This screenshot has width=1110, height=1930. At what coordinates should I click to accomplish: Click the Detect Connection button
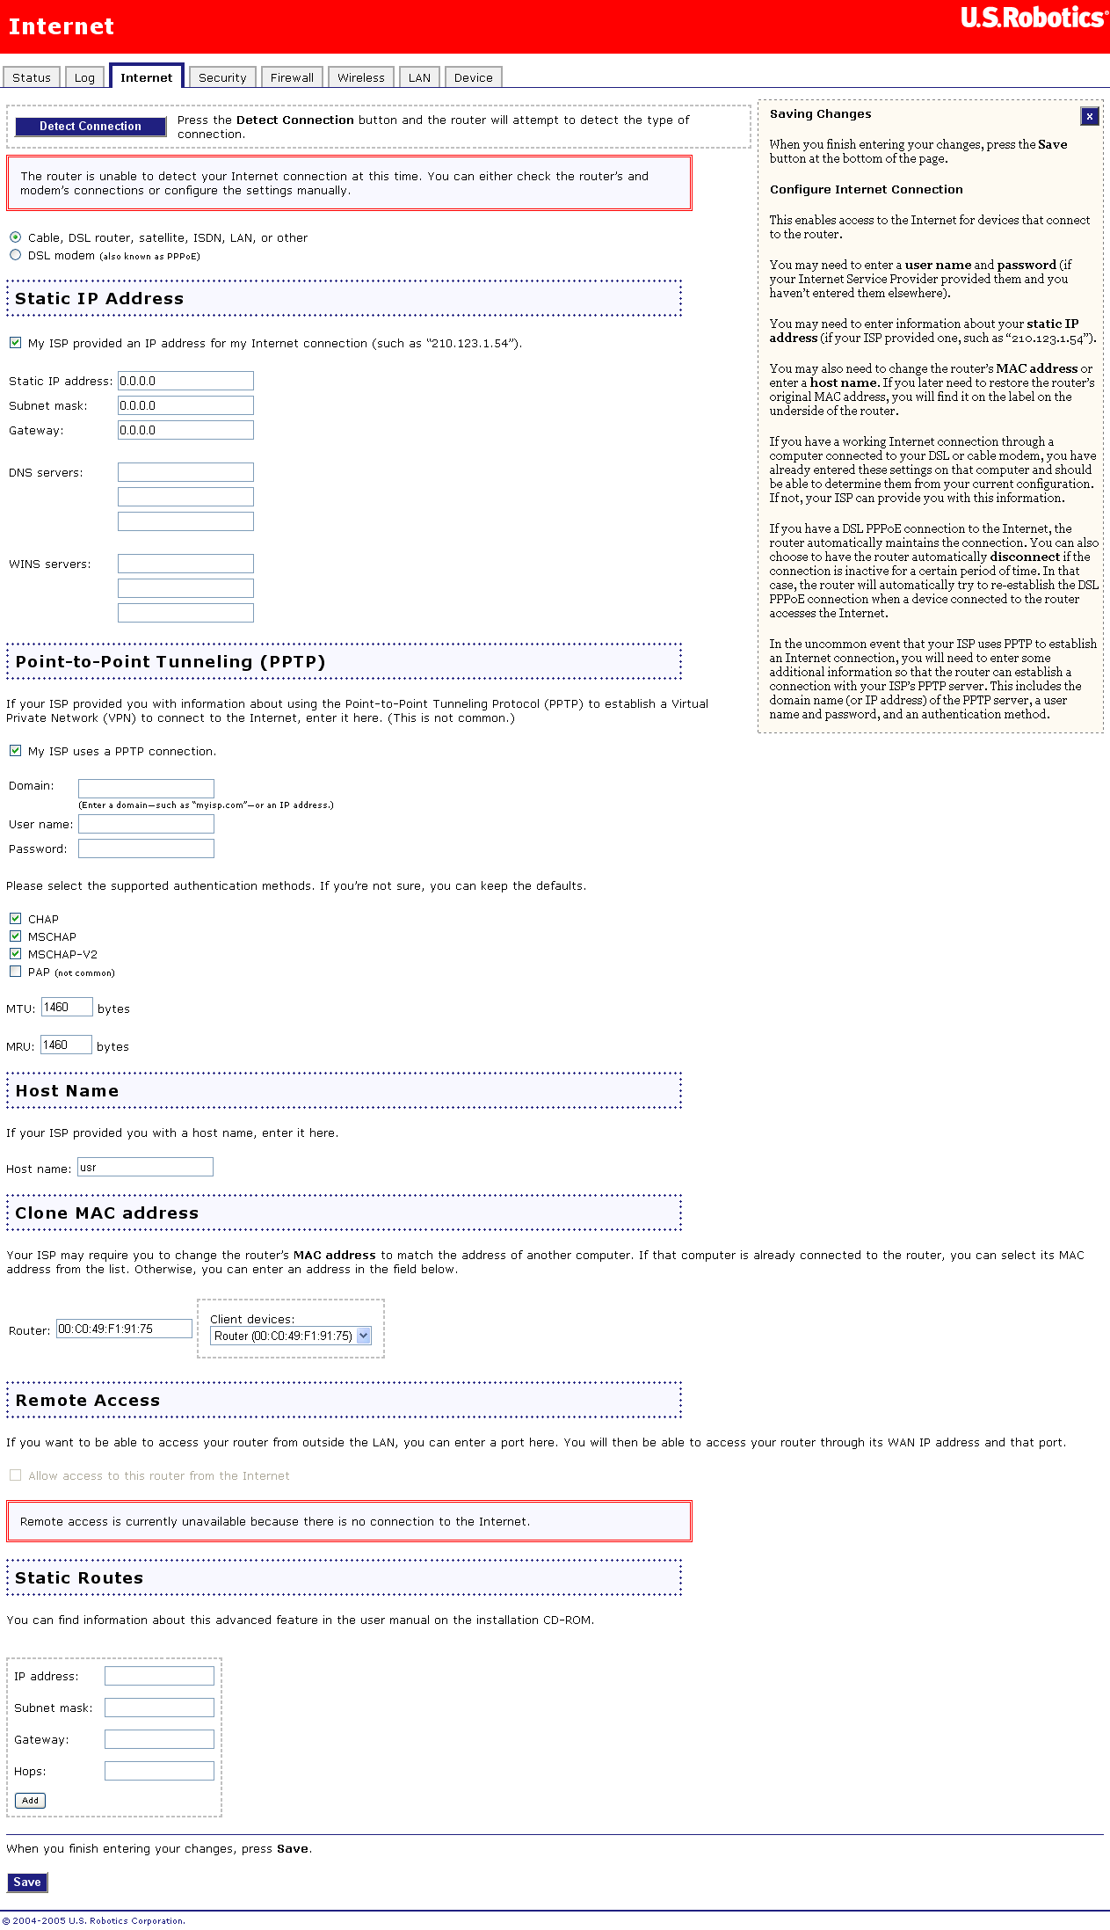tap(91, 127)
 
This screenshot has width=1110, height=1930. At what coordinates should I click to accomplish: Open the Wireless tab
tap(361, 78)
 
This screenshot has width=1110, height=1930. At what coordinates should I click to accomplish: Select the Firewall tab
tap(292, 78)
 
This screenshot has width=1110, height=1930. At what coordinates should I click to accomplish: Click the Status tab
tap(32, 78)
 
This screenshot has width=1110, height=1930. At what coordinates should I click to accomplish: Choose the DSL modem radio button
tap(16, 255)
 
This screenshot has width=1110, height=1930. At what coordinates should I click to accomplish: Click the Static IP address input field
tap(185, 381)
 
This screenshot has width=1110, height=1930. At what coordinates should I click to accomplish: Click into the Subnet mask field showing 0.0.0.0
tap(185, 405)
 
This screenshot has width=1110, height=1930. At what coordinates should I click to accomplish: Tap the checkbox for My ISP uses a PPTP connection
tap(16, 751)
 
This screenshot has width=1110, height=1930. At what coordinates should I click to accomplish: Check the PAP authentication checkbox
tap(16, 972)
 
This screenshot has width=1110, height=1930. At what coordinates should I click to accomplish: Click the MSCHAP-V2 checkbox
tap(16, 954)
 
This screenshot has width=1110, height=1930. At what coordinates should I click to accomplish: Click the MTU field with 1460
tap(67, 1008)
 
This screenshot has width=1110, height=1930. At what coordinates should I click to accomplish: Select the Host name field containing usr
tap(145, 1168)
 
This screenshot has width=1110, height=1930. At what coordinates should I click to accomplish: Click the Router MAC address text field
tap(124, 1329)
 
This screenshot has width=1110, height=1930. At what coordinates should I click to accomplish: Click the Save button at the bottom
tap(27, 1883)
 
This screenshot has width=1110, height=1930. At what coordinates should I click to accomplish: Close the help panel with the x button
tap(1089, 116)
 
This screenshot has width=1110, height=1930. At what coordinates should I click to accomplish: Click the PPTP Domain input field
tap(146, 788)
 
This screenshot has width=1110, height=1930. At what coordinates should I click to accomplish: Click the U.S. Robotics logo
tap(1034, 18)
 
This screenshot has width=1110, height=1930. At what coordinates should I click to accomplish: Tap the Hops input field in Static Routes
tap(159, 1771)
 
